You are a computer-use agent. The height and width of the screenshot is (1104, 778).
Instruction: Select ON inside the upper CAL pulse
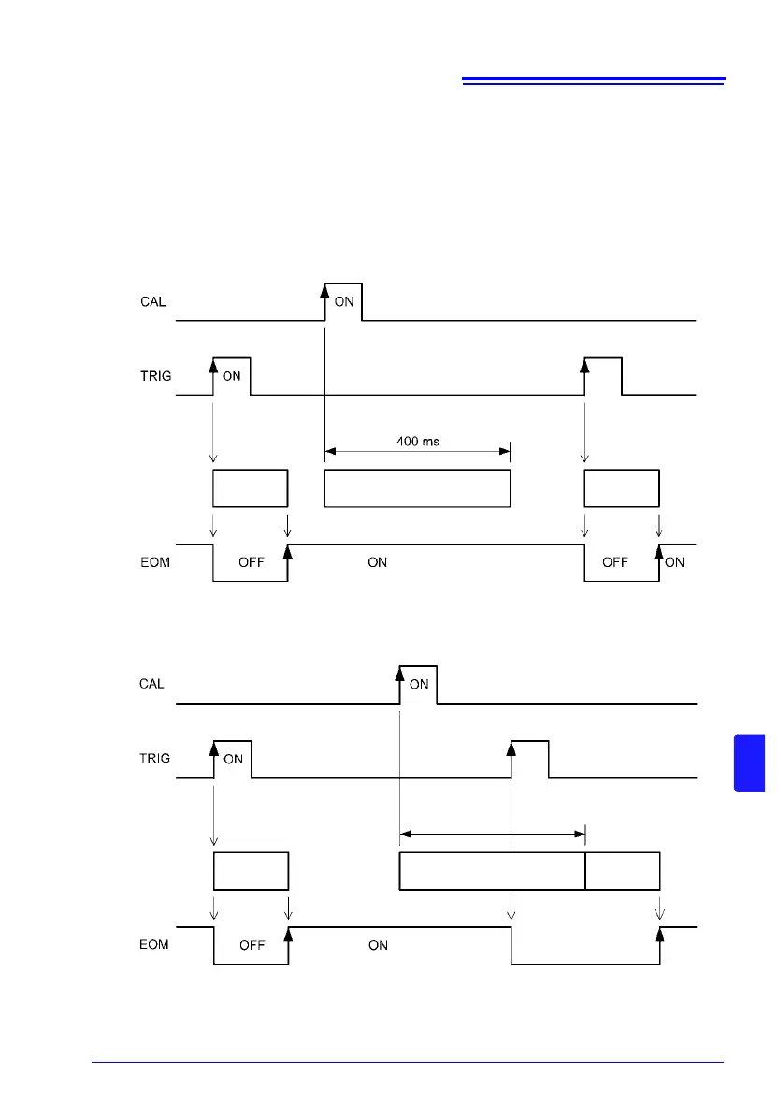pos(343,302)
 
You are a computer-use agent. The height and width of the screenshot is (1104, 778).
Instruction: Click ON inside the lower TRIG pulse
pos(233,760)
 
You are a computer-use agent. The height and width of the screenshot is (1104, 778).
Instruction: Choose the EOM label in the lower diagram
pos(148,945)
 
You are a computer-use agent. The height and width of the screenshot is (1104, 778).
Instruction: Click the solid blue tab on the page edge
pos(750,763)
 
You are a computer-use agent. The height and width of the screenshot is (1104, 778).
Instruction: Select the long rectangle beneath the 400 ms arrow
pos(417,488)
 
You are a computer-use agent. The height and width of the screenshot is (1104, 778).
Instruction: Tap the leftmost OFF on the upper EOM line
pos(252,563)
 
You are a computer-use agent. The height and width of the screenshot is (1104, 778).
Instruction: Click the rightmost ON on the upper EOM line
pos(674,563)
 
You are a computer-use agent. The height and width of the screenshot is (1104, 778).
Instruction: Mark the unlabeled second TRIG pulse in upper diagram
pos(603,375)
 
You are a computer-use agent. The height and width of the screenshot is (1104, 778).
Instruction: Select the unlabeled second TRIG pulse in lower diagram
pos(529,759)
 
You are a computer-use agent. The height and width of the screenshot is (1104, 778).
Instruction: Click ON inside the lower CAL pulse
pos(419,685)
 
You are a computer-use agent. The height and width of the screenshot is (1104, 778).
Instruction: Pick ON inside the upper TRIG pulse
pos(232,377)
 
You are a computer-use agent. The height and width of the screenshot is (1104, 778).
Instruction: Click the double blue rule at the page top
pos(594,81)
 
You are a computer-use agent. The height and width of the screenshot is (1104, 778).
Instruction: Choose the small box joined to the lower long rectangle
pos(623,871)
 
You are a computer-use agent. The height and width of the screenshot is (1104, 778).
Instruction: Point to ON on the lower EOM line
pos(378,946)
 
